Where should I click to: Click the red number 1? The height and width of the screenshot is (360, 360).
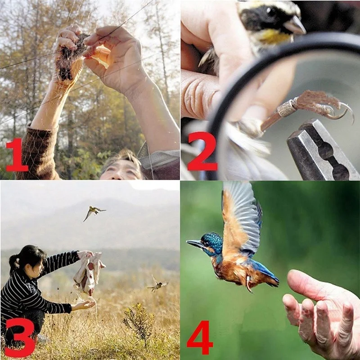coord(17,155)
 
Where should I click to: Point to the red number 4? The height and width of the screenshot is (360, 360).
coord(200,337)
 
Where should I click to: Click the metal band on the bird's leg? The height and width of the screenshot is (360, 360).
coord(286,108)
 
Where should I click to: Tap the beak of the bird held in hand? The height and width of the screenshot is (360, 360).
coord(295,26)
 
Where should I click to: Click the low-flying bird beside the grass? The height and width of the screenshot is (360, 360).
coord(157,284)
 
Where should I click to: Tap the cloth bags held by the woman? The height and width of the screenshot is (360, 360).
coord(89,272)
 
